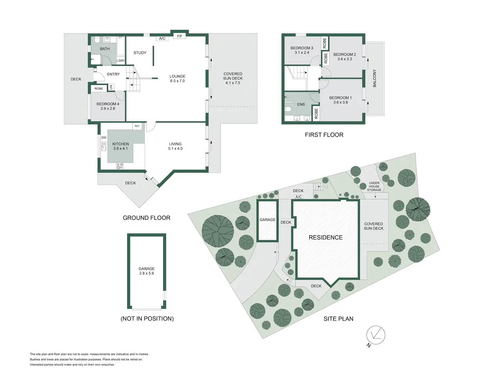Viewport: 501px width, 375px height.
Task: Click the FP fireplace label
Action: coord(179,36)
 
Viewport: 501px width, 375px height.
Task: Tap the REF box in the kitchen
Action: coord(137,126)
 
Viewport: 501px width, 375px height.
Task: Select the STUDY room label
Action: coord(140,53)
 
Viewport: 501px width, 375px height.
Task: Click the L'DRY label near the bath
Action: coord(121,61)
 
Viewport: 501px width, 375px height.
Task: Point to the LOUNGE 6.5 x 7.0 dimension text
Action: coord(177,81)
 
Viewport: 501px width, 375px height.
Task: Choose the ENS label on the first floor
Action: coord(301,104)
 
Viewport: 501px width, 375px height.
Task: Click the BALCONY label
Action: coord(374,79)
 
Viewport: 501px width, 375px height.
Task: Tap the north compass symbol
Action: coord(375,336)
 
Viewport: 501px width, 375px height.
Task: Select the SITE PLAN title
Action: coord(338,319)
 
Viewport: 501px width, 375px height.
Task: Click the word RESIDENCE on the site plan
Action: coord(326,237)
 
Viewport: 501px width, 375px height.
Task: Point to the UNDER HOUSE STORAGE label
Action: coord(374,186)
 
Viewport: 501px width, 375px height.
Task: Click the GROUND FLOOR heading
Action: coord(146,218)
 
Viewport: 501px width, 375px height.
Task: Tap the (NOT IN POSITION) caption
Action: coord(147,318)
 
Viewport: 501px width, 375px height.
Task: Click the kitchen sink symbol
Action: coord(104,146)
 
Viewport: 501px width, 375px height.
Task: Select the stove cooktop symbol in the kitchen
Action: coord(120,166)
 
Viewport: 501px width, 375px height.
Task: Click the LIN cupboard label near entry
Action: coord(111,87)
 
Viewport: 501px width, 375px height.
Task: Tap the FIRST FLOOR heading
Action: coord(324,135)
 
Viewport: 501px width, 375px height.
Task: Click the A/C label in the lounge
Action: coord(162,39)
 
